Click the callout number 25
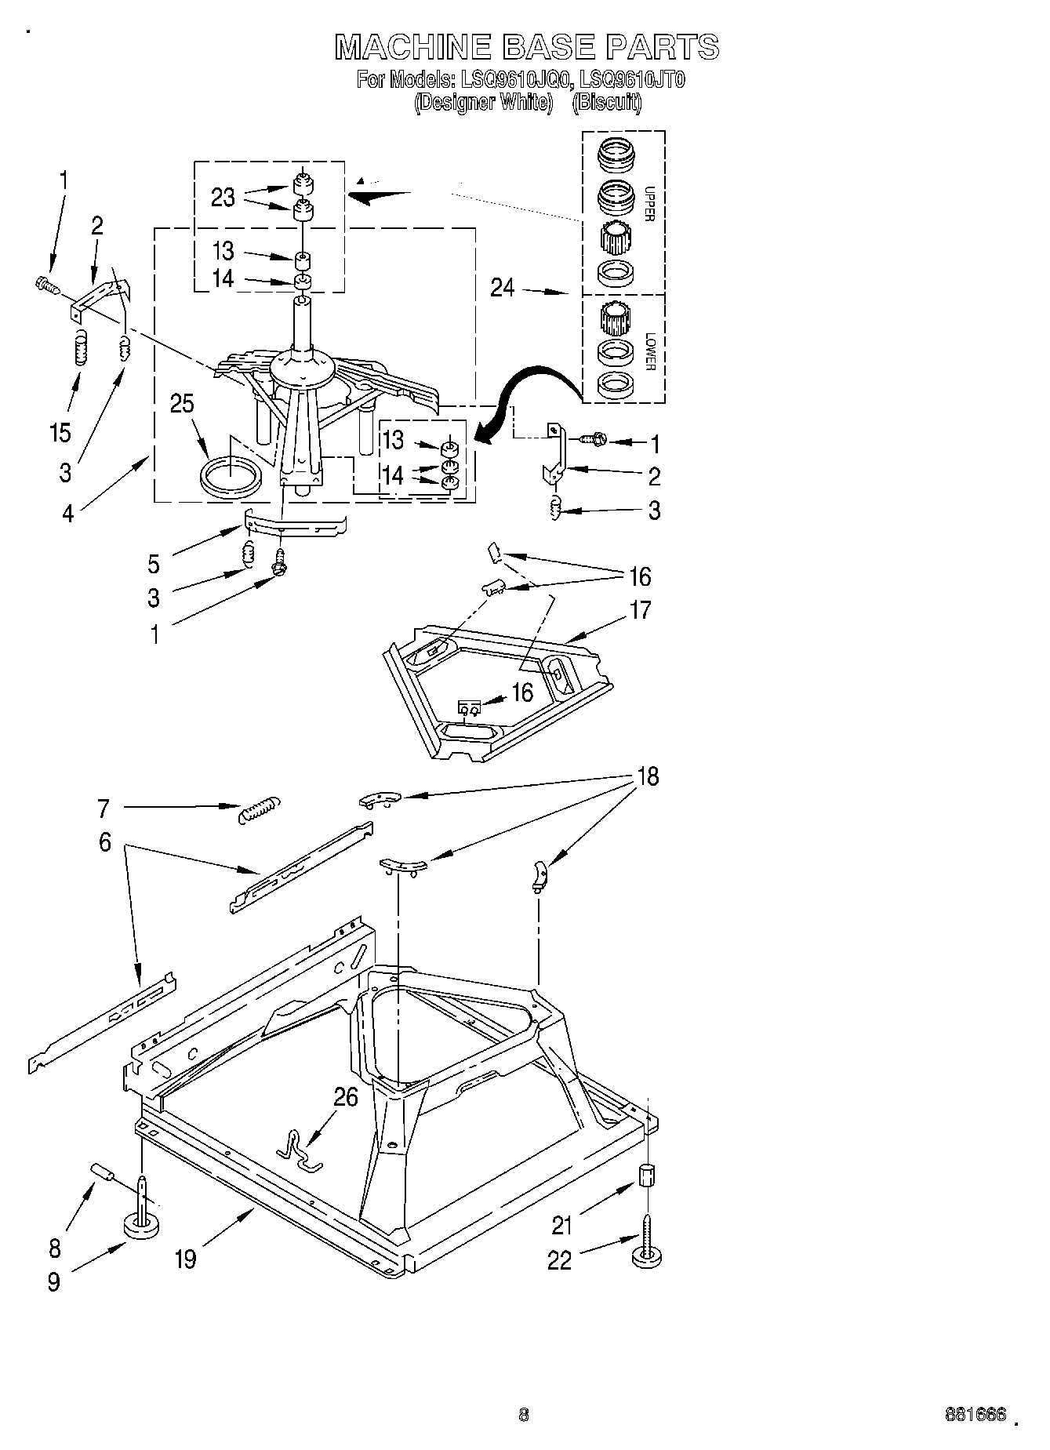coord(181,404)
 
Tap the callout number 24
coord(502,289)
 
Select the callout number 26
coord(345,1096)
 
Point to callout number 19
coord(185,1259)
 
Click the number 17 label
coord(640,610)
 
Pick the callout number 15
coord(60,433)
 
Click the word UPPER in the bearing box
coord(648,203)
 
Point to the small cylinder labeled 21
coord(645,1176)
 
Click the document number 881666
coord(976,1414)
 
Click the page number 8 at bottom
coord(524,1414)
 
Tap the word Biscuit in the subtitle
coord(607,102)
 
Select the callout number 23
coord(223,198)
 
